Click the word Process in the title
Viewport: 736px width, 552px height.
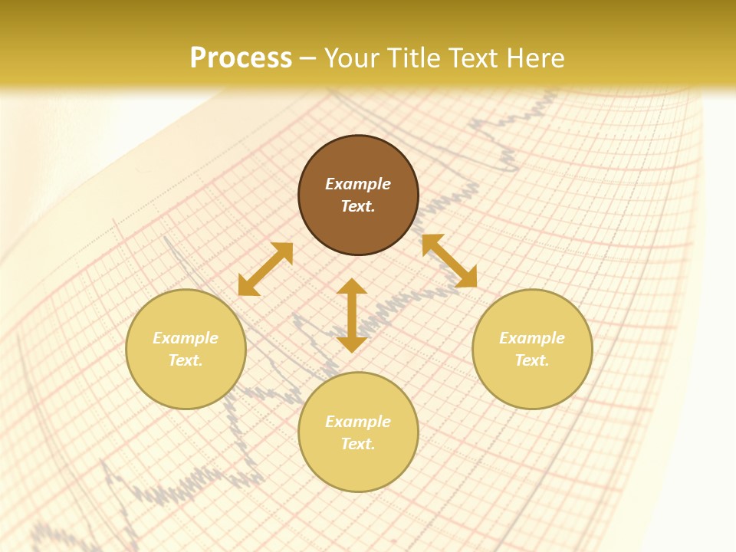241,58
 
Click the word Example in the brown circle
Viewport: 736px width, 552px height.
358,184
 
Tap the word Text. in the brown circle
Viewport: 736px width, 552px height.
358,206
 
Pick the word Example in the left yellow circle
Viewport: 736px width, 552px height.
186,338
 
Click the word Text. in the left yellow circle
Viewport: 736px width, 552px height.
186,360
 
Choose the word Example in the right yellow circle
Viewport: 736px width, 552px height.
532,338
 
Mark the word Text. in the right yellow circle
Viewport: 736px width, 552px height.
532,360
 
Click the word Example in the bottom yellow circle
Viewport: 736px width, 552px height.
358,422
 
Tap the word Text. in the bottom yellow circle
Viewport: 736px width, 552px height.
358,444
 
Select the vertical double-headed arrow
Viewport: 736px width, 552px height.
352,315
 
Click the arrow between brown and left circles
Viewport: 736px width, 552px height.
265,269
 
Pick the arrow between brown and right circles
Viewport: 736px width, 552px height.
449,261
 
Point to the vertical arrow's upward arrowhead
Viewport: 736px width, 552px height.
352,286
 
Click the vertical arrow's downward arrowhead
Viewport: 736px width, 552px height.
352,344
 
